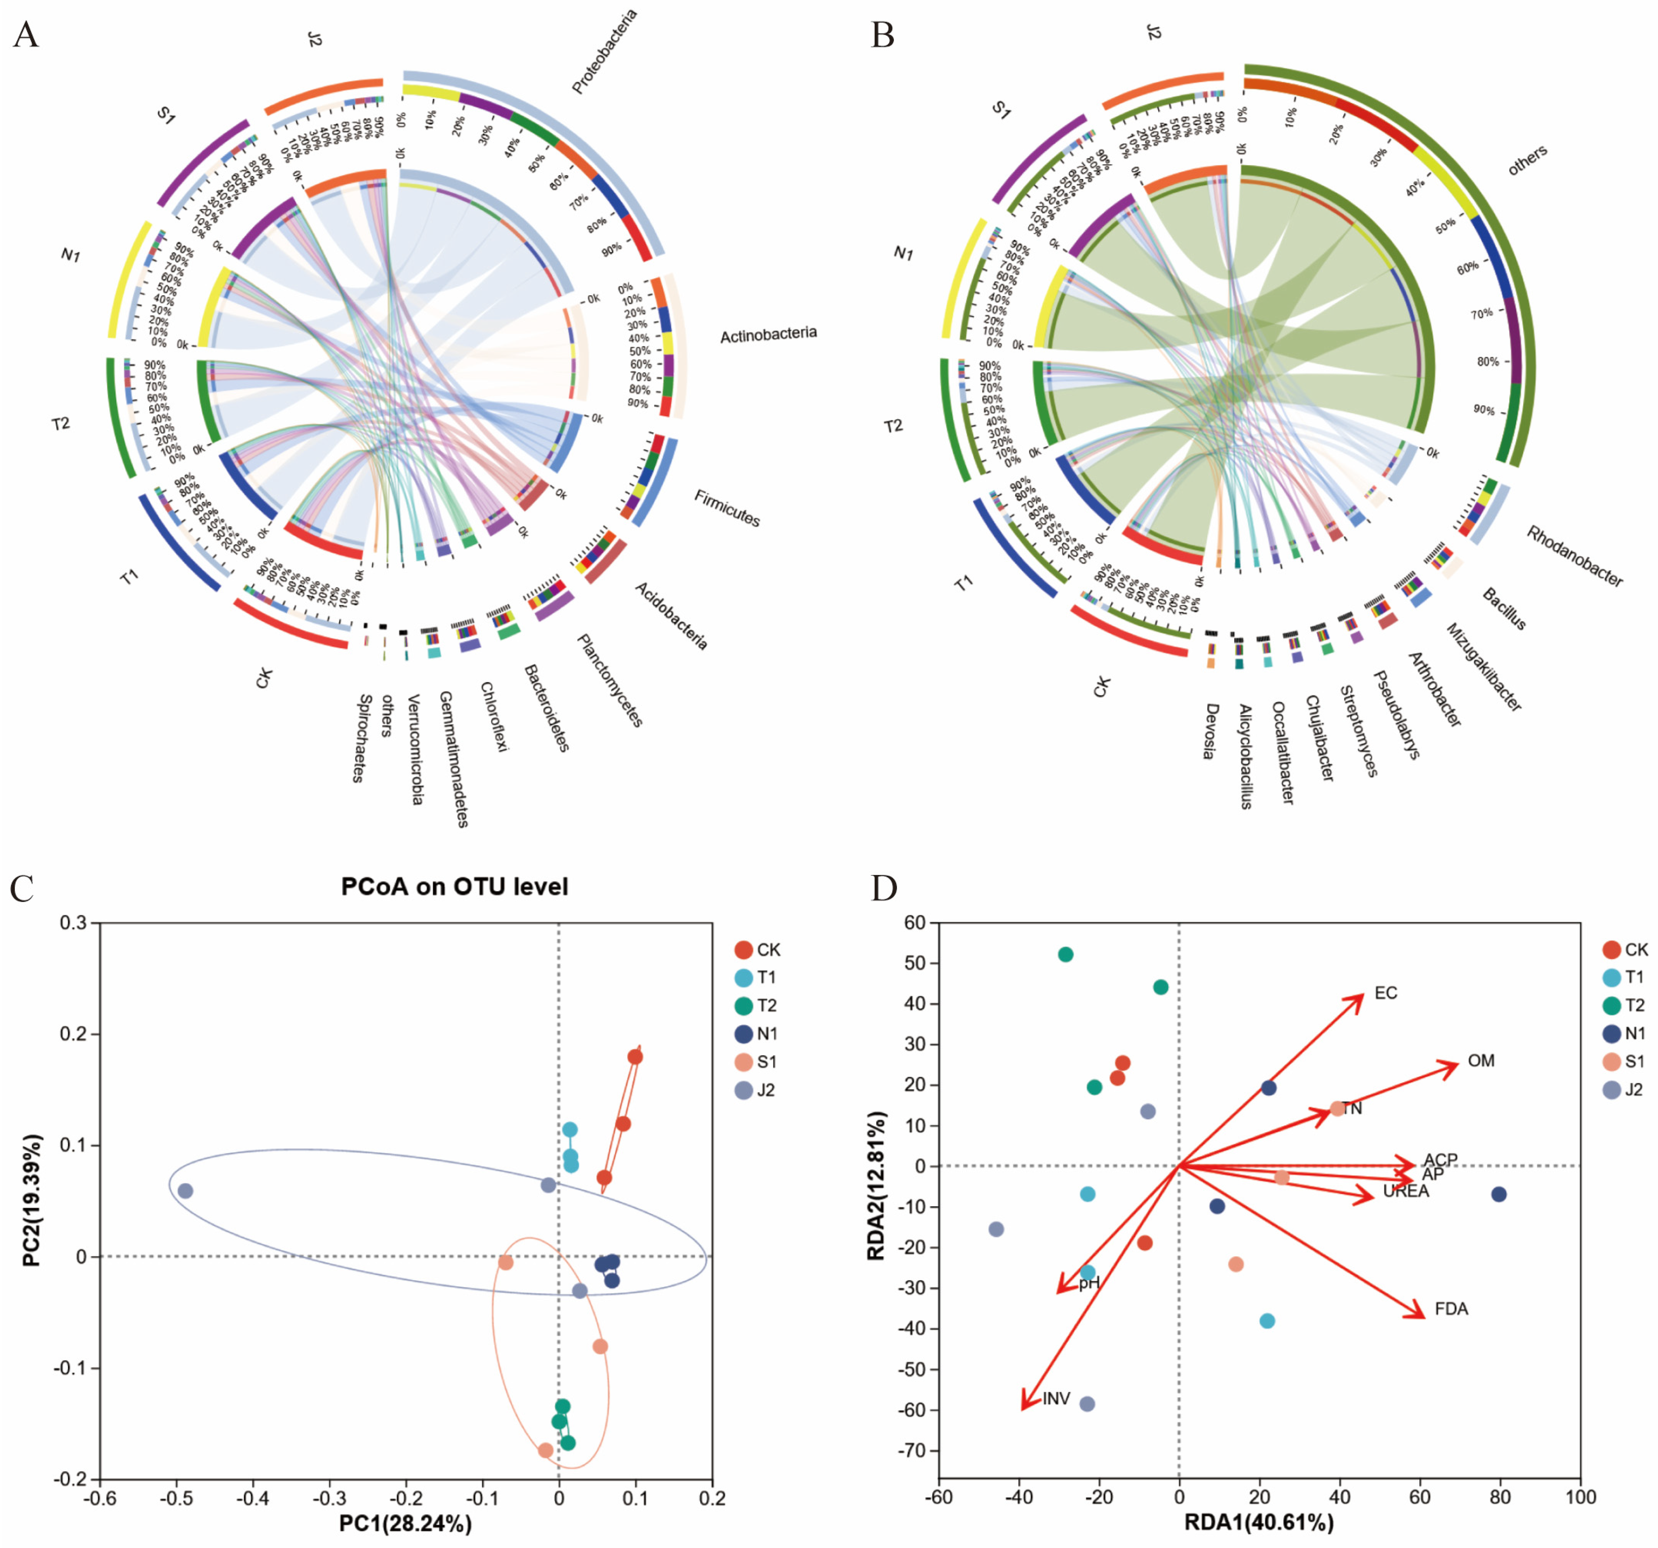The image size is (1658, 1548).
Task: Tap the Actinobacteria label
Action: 768,334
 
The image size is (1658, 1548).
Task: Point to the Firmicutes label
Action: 727,508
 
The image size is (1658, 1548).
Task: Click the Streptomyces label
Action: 1358,731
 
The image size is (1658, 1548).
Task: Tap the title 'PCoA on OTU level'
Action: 455,887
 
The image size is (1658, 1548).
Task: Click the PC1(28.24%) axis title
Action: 405,1523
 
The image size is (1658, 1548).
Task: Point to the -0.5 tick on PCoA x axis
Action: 176,1498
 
